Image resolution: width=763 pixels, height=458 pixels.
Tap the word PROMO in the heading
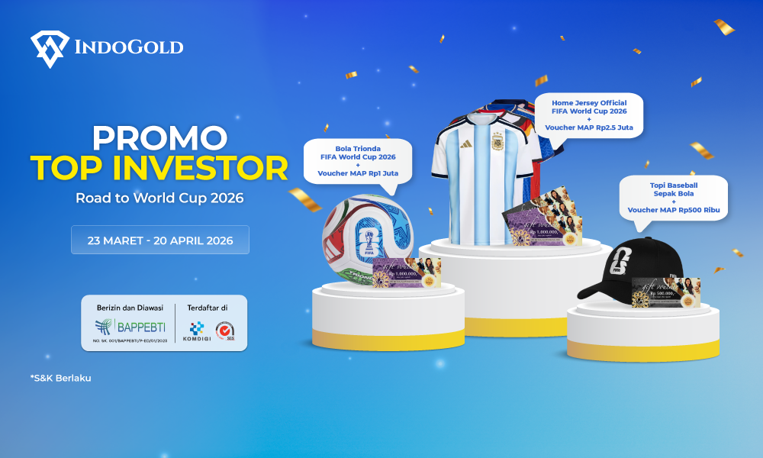click(x=159, y=137)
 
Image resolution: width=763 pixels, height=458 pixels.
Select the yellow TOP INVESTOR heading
click(x=159, y=167)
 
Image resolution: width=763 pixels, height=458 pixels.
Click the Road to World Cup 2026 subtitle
click(x=159, y=198)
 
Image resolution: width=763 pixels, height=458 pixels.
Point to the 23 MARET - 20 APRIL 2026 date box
click(x=160, y=240)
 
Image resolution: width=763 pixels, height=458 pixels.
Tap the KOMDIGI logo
click(x=197, y=330)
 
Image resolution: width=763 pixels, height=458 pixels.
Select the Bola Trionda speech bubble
click(x=358, y=160)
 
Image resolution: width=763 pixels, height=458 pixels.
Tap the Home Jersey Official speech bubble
click(x=588, y=115)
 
